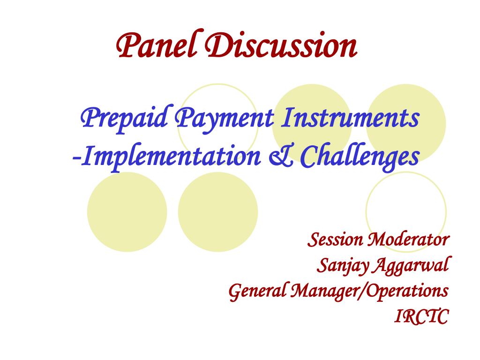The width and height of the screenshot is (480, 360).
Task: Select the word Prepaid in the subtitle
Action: [124, 119]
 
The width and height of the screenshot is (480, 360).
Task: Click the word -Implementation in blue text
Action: [166, 157]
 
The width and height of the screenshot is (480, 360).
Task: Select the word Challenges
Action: [360, 157]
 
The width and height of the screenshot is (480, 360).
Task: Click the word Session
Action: [335, 240]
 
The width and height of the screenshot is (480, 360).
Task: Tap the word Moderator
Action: [408, 240]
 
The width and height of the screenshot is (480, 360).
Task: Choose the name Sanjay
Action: [340, 266]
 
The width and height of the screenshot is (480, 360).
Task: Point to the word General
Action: [257, 291]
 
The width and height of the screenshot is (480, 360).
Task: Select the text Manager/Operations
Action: [369, 291]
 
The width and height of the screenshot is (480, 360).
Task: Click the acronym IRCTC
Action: [422, 316]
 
